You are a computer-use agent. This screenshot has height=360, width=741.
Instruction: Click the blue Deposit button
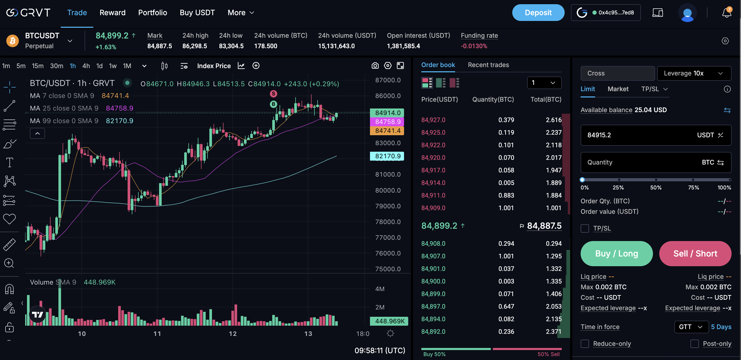(538, 13)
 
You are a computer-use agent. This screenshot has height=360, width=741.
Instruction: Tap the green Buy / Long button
(617, 253)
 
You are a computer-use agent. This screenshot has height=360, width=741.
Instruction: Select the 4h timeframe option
(86, 66)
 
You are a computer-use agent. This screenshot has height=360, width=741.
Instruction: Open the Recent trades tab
(488, 65)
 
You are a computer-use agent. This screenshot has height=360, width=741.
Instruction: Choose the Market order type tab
(618, 89)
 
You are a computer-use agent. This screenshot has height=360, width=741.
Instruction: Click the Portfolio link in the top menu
(152, 13)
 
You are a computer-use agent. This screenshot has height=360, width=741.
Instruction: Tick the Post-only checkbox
(694, 343)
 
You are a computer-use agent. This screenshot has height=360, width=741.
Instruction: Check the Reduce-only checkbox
(585, 343)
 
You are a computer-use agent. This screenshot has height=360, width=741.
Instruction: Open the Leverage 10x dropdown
(694, 73)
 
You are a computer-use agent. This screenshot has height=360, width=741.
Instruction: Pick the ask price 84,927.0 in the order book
(433, 120)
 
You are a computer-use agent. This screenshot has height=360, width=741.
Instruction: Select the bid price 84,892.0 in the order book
(433, 331)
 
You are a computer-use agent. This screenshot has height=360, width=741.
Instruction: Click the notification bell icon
(727, 13)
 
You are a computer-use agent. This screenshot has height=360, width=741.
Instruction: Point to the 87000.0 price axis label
(388, 80)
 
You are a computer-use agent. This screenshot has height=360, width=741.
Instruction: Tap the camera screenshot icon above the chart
(375, 66)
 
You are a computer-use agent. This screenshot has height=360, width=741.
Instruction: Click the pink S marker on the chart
(273, 94)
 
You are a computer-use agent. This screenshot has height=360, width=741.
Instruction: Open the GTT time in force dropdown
(691, 327)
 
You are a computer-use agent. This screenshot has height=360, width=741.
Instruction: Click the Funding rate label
(479, 36)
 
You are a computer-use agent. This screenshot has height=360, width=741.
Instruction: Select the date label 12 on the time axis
(232, 334)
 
